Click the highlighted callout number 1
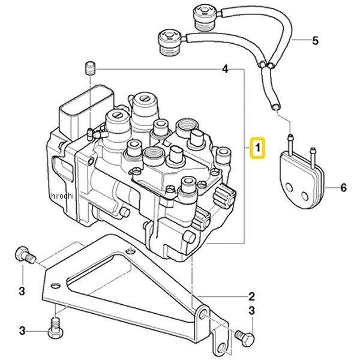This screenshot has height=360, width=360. point(257,148)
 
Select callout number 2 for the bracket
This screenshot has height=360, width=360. point(251,296)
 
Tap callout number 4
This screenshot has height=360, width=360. point(226,68)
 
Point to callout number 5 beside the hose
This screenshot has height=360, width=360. point(316,40)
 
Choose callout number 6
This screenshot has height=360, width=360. point(343,188)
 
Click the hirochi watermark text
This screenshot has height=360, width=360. point(62,196)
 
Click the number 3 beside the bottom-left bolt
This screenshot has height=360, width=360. point(22,331)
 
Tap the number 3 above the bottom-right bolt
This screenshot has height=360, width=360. point(251,311)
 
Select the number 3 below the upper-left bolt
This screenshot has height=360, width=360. point(22,291)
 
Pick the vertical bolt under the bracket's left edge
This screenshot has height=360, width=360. point(55,328)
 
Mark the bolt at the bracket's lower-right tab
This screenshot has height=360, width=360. point(245,336)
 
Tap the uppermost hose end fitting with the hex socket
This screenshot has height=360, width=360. point(205,19)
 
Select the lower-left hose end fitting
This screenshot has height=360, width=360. point(169,43)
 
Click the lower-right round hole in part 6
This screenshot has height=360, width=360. point(305,196)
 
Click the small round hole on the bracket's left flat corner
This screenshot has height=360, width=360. point(55,286)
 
